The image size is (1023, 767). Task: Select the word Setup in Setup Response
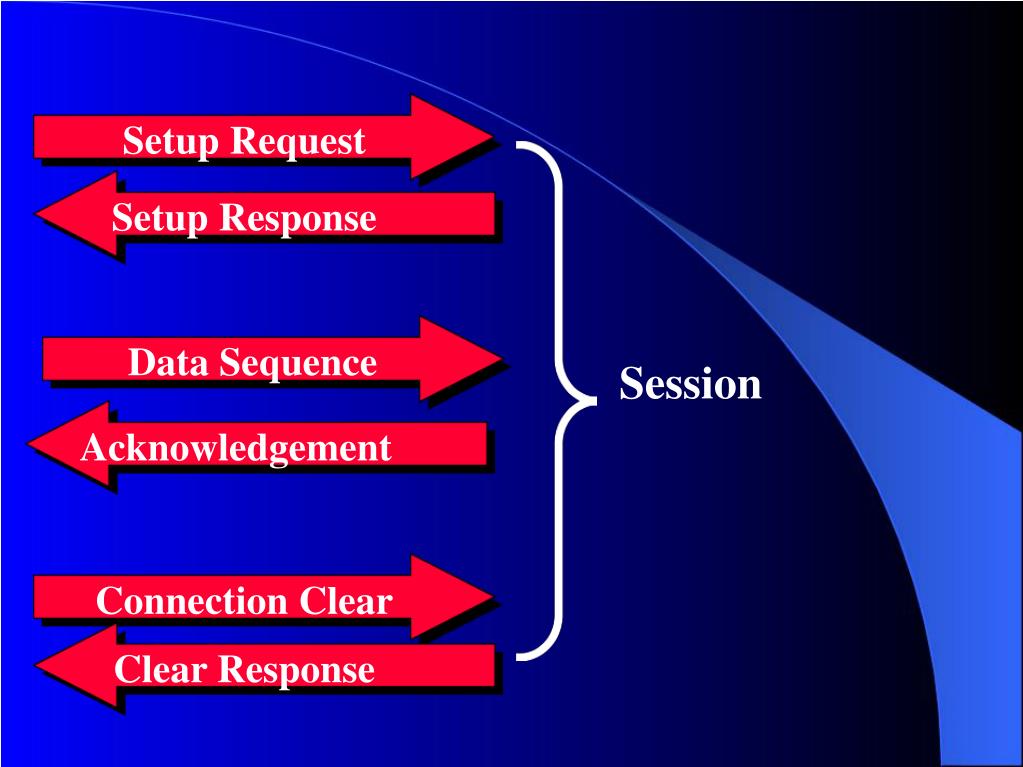(x=160, y=218)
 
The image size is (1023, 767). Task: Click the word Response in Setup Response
(x=298, y=218)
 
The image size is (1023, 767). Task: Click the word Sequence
(x=298, y=363)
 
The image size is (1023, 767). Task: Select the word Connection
(x=192, y=601)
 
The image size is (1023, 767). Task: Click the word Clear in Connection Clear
(x=346, y=601)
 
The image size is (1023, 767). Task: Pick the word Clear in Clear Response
(x=160, y=669)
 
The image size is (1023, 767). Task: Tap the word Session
(x=690, y=383)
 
